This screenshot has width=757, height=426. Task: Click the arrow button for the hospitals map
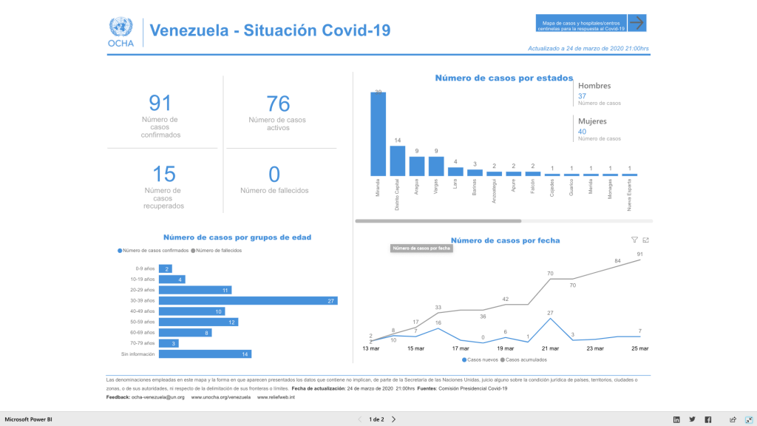[637, 23]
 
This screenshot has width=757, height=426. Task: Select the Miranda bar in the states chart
[378, 134]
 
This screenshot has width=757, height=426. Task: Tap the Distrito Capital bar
[397, 160]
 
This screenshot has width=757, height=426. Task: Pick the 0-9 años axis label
[145, 268]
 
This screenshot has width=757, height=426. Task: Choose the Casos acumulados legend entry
[526, 359]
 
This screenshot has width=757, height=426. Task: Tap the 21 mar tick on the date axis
[550, 348]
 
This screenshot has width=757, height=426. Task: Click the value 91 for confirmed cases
[160, 103]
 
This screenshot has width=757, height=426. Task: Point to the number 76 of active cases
[278, 104]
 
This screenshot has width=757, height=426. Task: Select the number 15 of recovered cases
[163, 174]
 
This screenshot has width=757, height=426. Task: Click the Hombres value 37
[582, 96]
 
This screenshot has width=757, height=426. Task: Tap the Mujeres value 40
[582, 132]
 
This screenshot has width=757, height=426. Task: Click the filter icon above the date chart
[634, 240]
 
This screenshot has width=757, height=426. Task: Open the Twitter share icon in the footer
[692, 419]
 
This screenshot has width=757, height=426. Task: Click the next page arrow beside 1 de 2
[393, 419]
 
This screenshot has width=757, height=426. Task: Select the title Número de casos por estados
[503, 78]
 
